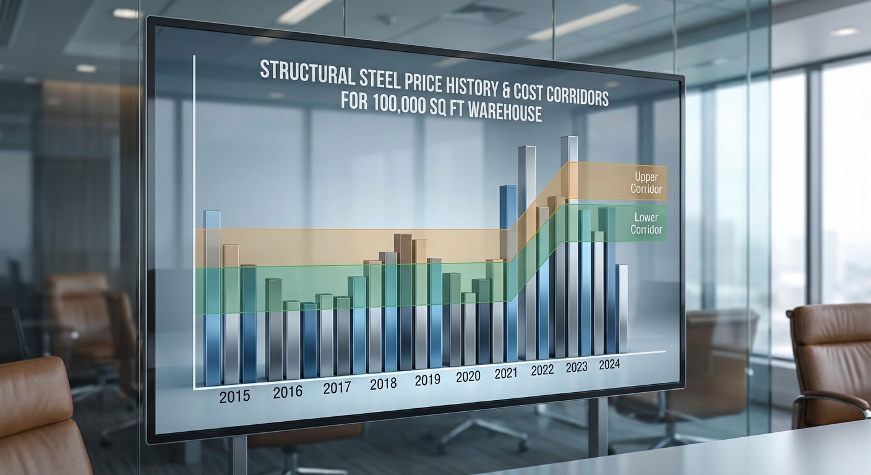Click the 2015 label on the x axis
pyautogui.click(x=234, y=396)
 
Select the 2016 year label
pyautogui.click(x=288, y=392)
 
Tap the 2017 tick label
pyautogui.click(x=337, y=388)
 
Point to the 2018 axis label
pyautogui.click(x=383, y=384)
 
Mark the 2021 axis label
pyautogui.click(x=506, y=373)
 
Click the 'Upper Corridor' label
pyautogui.click(x=646, y=183)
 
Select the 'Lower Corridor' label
pyautogui.click(x=646, y=223)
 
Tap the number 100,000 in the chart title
pyautogui.click(x=402, y=104)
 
